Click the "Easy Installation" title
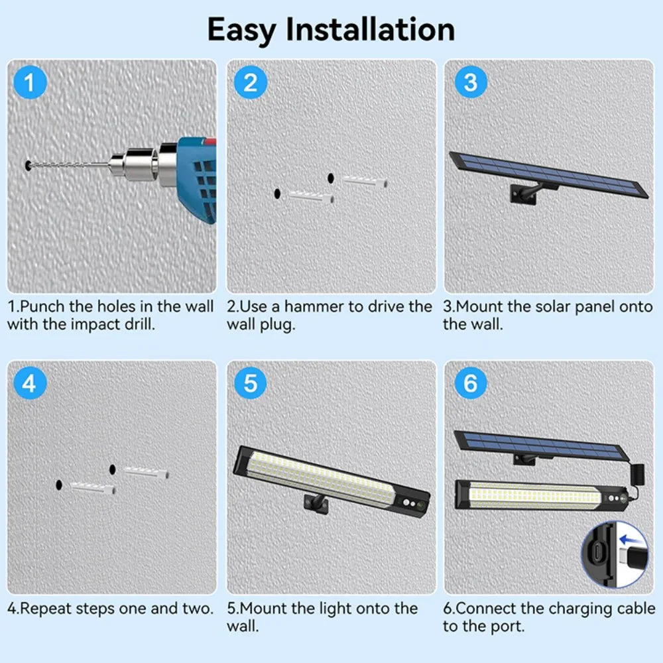point(331,30)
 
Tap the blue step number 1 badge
point(30,84)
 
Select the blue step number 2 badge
point(250,84)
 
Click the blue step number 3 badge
point(470,84)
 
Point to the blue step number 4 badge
point(30,383)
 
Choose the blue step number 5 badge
point(250,383)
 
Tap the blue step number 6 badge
point(470,383)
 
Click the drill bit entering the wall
point(66,163)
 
